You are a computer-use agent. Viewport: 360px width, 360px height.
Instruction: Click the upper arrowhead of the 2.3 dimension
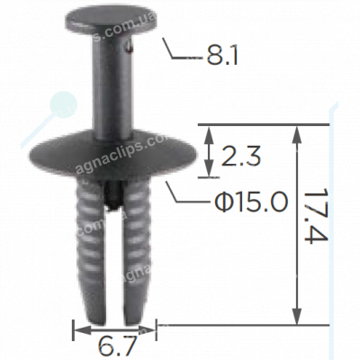coord(211,132)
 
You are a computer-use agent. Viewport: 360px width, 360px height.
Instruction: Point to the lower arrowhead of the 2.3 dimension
coord(211,172)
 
